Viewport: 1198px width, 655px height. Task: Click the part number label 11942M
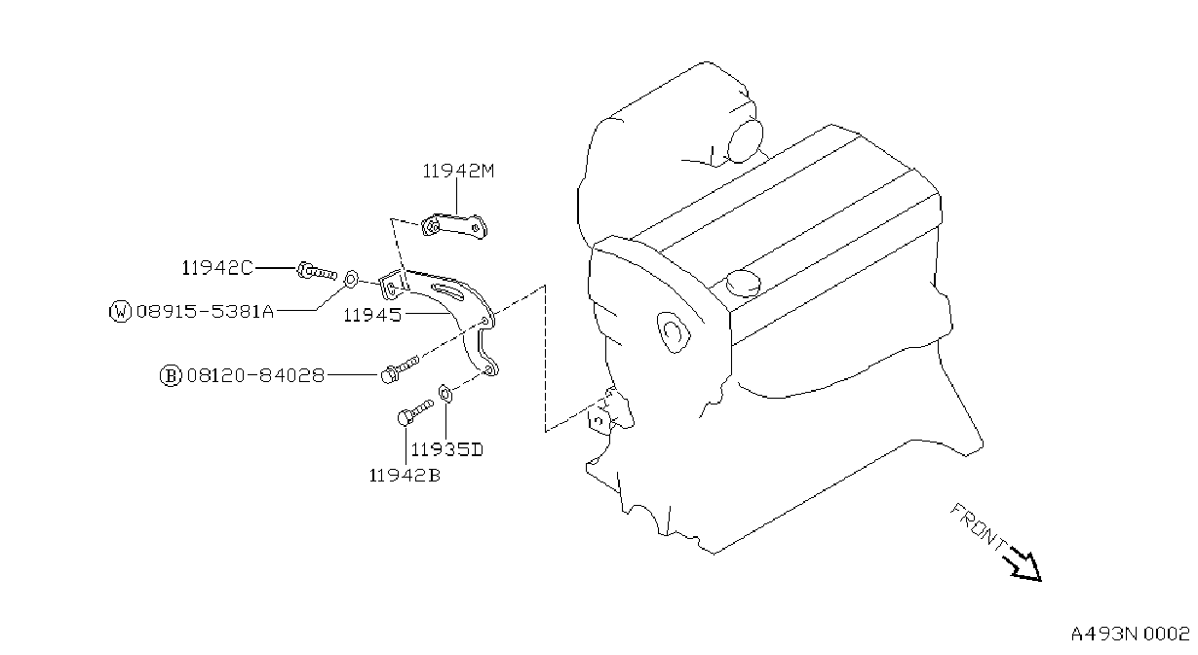(x=458, y=172)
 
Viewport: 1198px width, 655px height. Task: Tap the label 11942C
(x=216, y=267)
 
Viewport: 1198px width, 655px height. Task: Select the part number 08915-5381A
(x=206, y=311)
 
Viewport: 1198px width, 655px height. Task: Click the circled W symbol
(x=120, y=311)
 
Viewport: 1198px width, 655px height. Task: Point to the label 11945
(x=372, y=315)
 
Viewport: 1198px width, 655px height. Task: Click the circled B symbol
(x=171, y=375)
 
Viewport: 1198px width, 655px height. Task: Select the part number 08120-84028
(x=255, y=375)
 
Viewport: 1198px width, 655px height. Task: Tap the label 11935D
(x=446, y=449)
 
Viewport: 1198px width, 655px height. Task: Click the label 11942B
(x=405, y=476)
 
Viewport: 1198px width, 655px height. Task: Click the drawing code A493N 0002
(x=1130, y=635)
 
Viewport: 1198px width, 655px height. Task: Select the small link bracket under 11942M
(x=454, y=226)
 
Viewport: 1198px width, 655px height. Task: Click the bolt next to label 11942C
(x=317, y=272)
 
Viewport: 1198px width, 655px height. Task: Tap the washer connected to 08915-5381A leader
(x=350, y=279)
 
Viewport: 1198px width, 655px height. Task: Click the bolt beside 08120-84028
(x=399, y=368)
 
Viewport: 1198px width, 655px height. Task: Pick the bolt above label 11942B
(x=415, y=411)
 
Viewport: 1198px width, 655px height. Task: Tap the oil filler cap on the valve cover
(x=744, y=283)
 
